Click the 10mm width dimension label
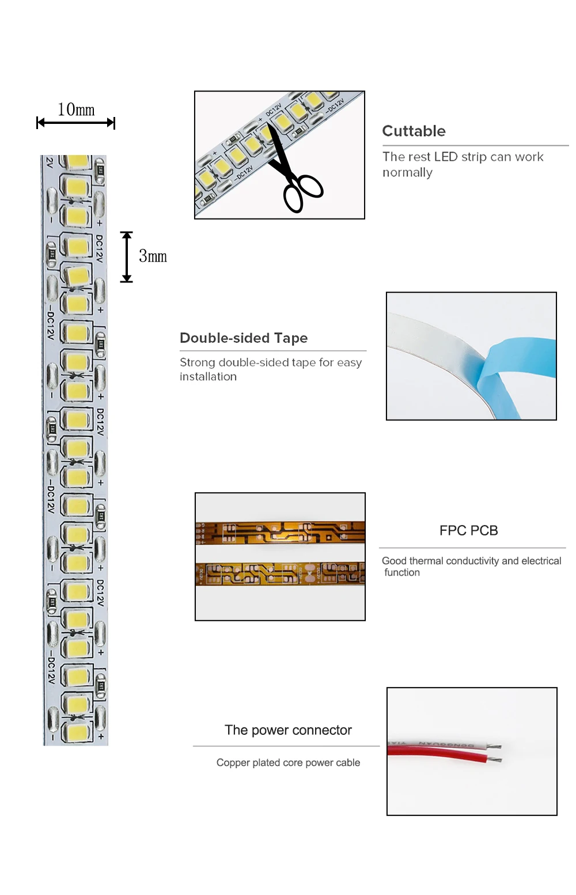[76, 109]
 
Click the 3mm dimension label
[153, 256]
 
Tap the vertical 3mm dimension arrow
[127, 257]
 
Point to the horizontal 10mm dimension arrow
[75, 122]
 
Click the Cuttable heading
[414, 131]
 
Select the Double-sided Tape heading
[244, 338]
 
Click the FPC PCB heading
[468, 530]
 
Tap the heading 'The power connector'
[288, 730]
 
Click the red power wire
[438, 756]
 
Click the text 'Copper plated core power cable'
[288, 762]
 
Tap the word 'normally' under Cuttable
[407, 172]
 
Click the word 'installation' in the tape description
[208, 376]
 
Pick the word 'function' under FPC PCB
[402, 572]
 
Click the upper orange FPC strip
[280, 532]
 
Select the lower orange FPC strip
[280, 573]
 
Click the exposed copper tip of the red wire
[495, 760]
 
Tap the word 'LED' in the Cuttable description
[445, 157]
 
